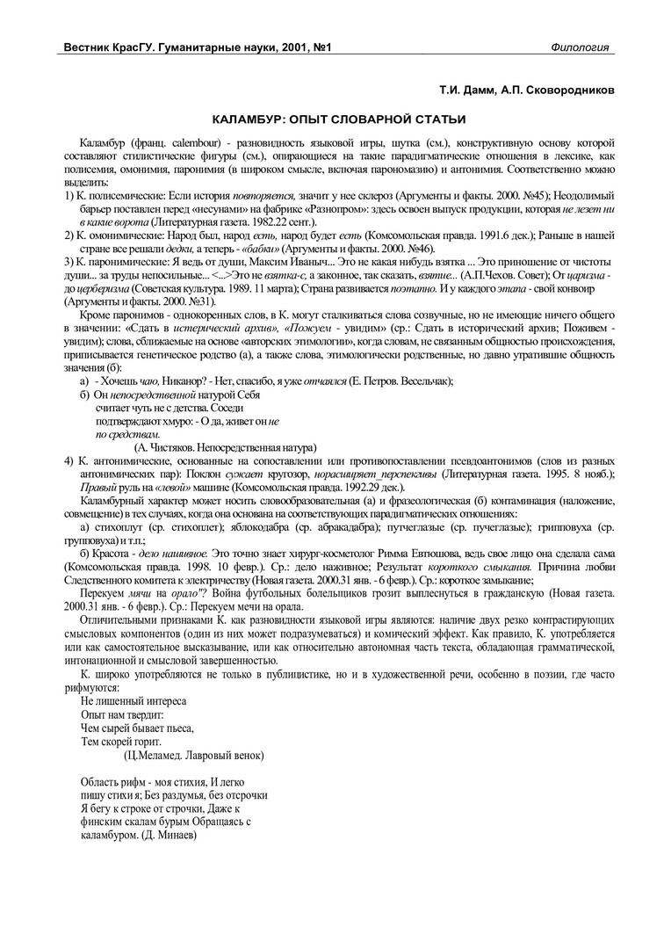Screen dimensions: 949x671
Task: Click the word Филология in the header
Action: click(581, 46)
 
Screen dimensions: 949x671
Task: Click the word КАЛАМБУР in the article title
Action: click(252, 118)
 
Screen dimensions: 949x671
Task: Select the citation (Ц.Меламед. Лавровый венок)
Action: click(194, 755)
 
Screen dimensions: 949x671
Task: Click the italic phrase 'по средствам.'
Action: click(127, 434)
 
